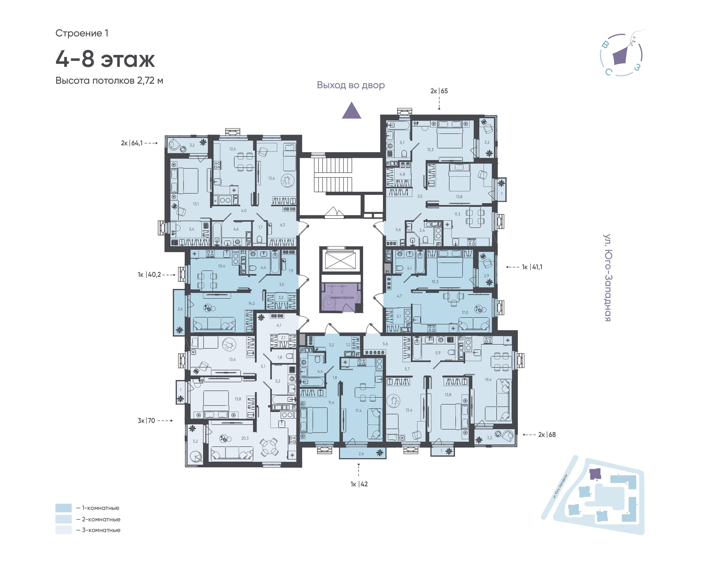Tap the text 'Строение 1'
[82, 33]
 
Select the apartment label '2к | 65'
[439, 91]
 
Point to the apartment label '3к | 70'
[146, 420]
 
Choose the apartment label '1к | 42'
[359, 484]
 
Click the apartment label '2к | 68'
[547, 435]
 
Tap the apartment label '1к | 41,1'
[532, 267]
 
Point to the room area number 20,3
[245, 438]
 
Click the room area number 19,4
[488, 380]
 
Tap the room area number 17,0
[465, 313]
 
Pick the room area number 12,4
[233, 149]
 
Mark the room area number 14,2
[251, 303]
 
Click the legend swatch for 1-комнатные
[64, 508]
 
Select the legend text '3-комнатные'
[101, 530]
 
